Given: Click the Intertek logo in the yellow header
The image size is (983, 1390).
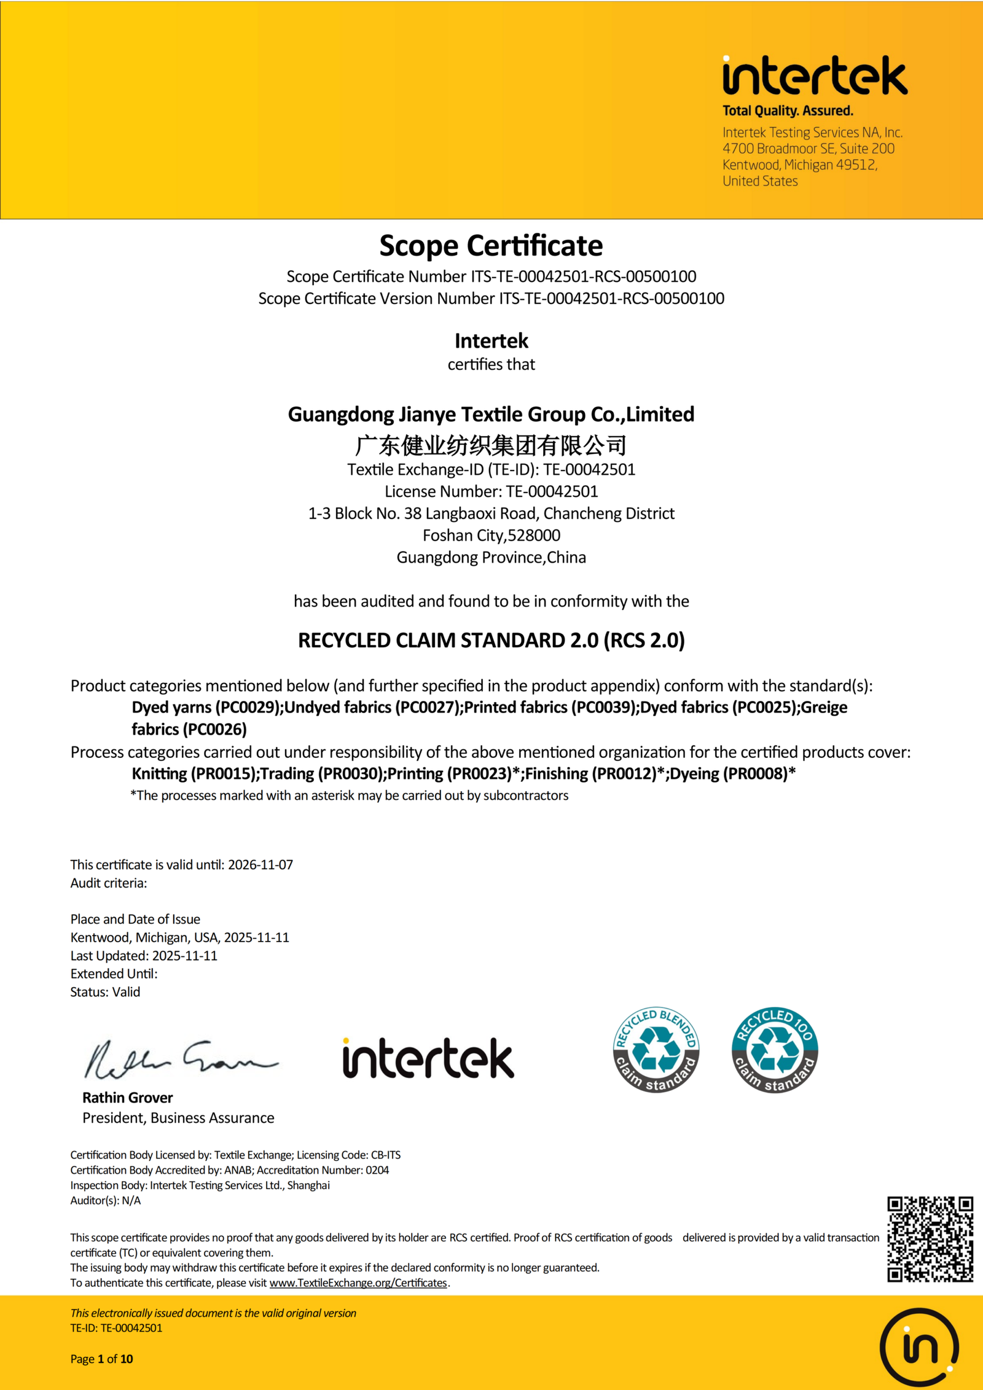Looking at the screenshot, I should pos(814,76).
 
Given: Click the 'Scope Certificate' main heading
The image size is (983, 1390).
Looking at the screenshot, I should pos(491,246).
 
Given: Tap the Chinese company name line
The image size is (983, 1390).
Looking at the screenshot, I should pos(491,445).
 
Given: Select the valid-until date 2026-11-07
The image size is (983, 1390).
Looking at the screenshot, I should pos(260,864).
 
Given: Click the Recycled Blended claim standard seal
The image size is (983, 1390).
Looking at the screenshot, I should pos(656,1050).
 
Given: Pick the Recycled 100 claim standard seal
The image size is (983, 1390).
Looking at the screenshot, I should pos(775,1050).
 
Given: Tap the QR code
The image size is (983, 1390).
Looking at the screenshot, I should pos(930,1239).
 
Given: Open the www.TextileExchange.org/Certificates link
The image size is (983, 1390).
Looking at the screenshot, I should pos(358,1283).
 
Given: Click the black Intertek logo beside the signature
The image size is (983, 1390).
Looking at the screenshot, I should pos(428,1058).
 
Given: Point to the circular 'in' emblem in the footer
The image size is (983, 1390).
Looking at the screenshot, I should pos(919,1348).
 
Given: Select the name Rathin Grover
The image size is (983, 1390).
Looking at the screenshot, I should pos(128,1098).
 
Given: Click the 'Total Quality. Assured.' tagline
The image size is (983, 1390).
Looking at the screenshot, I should pos(788,111).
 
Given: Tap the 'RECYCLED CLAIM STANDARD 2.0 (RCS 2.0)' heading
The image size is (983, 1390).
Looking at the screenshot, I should pos(491,640).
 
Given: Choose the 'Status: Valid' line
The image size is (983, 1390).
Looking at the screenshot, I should pos(105,992).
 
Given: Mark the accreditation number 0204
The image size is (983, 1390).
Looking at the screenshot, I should pos(377,1170).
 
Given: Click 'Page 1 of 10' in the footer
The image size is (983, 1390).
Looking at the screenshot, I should pos(101,1359).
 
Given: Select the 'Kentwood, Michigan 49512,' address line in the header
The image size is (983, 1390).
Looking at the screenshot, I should pos(800,165).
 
